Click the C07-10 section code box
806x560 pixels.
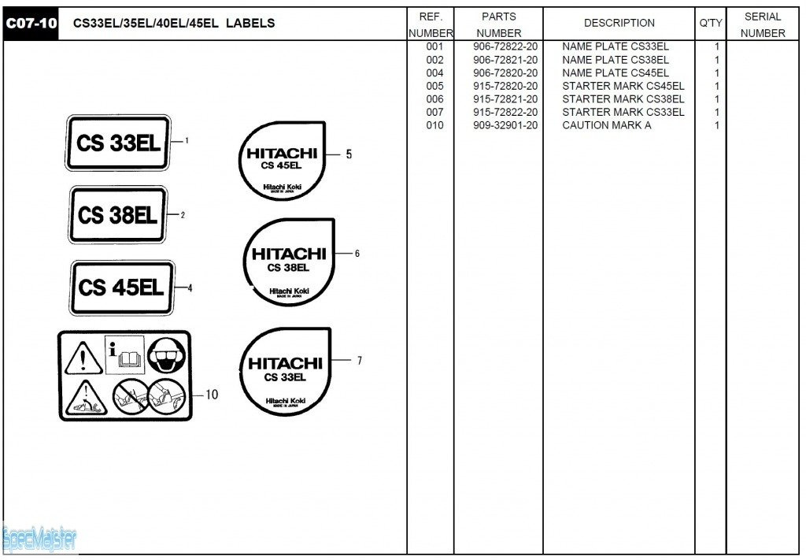31,24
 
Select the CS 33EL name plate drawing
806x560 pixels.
119,143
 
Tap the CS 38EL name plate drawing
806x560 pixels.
118,215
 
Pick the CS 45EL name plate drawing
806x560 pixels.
121,287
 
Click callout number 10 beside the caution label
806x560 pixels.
212,395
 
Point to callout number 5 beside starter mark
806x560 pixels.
349,154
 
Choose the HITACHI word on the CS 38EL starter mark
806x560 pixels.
288,254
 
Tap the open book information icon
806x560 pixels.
125,355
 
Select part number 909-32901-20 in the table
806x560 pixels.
505,125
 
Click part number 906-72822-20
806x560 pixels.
505,46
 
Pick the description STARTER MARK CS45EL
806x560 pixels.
623,86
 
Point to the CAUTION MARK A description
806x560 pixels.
606,125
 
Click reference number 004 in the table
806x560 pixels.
434,73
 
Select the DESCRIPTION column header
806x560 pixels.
619,24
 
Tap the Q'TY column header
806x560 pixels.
710,24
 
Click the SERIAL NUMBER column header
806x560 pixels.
762,24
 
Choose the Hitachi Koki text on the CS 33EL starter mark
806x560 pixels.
285,402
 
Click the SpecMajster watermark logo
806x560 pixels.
39,539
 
